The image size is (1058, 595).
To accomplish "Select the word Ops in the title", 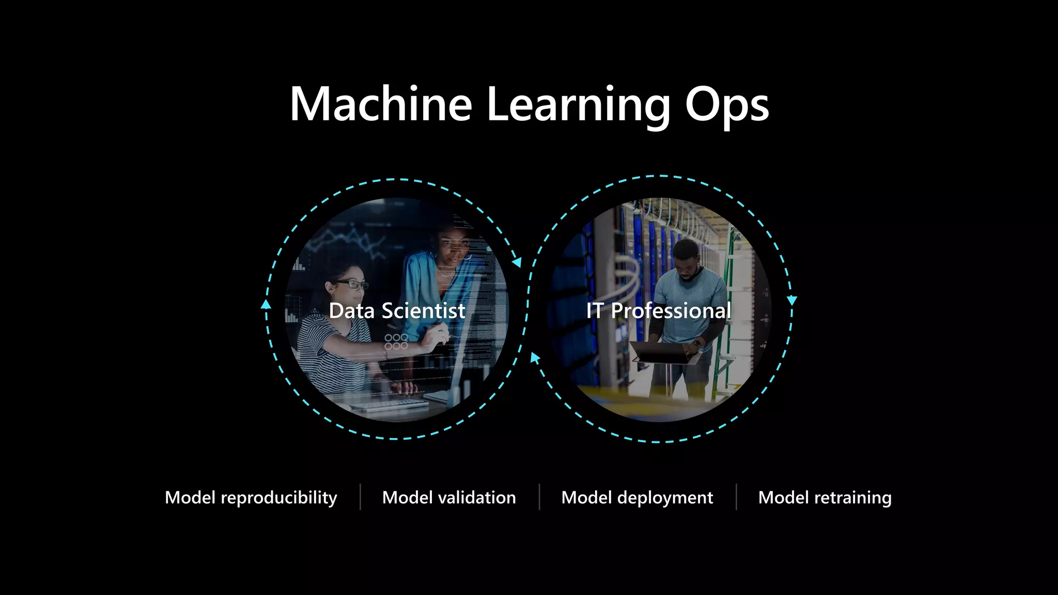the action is pos(726,105).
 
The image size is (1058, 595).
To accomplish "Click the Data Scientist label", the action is pos(397,310).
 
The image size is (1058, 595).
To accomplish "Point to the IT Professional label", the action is pos(659,310).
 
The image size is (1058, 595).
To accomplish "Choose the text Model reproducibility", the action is pos(251,497).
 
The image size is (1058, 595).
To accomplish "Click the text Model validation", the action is pos(449,497).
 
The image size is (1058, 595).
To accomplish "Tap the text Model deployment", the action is pos(637,497).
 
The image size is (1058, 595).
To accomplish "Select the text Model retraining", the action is pos(824,497).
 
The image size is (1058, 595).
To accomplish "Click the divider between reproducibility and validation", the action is pos(360,497).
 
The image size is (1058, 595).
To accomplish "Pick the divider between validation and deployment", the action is pos(539,497).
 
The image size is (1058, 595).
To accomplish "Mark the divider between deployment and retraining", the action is pos(736,497).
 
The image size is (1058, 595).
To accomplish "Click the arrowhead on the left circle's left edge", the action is pos(266,304).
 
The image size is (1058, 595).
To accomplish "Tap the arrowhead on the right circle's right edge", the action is pos(791,300).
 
